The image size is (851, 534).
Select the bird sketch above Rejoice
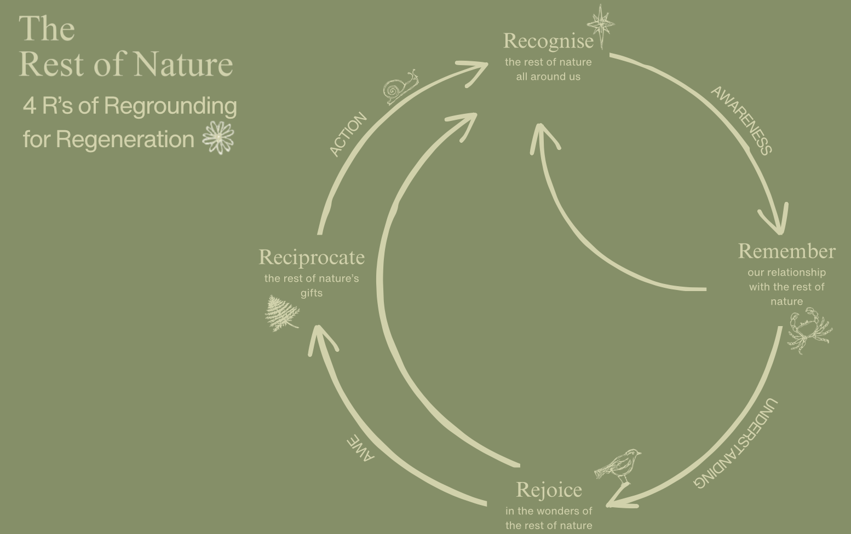pos(619,466)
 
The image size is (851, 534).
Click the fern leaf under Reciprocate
pos(281,314)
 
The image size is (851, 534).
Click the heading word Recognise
pos(548,41)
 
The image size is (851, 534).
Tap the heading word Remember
pos(786,251)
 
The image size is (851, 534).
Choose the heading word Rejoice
pos(549,490)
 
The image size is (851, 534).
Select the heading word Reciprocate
pos(312,257)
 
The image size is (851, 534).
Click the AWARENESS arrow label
pos(741,120)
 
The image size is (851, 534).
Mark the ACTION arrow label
pos(348,134)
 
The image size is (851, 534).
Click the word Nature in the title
pos(183,64)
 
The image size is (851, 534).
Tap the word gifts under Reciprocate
pos(312,293)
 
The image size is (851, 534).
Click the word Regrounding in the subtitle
pos(170,106)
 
